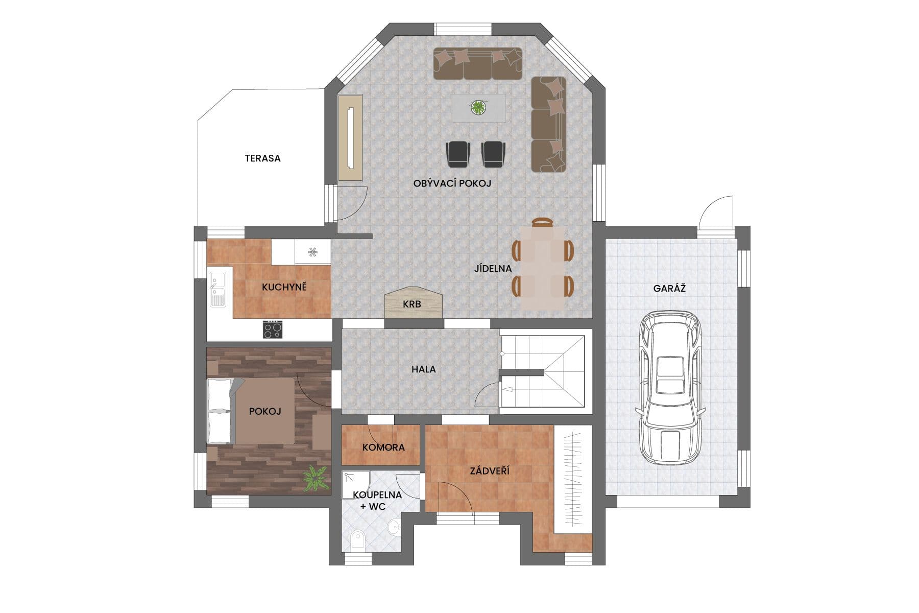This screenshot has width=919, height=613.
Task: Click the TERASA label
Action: click(263, 158)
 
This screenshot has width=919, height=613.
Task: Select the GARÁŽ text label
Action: click(669, 288)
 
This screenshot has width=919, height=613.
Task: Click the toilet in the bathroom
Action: click(358, 540)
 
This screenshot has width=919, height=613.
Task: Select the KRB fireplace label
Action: click(412, 304)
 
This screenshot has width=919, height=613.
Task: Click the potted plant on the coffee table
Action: click(478, 107)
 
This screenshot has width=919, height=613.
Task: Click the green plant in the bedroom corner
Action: click(316, 479)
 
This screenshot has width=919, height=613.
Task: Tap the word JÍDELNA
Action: click(493, 269)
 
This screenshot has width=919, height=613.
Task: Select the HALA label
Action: click(424, 369)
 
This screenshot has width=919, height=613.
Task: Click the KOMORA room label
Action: click(383, 447)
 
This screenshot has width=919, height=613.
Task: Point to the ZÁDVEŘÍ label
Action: click(490, 470)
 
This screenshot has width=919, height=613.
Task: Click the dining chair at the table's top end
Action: click(542, 222)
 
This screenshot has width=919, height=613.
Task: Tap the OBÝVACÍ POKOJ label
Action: click(452, 183)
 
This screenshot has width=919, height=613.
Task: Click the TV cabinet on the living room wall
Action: click(350, 137)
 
